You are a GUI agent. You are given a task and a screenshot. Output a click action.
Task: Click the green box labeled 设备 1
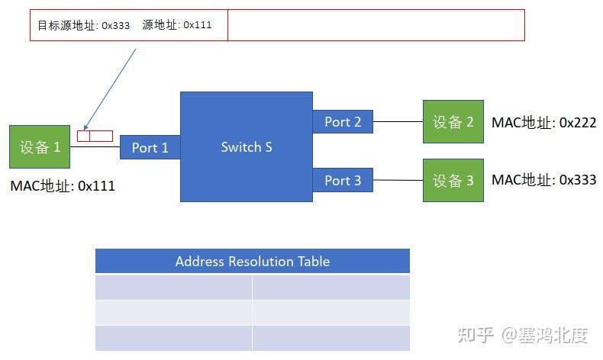[40, 147]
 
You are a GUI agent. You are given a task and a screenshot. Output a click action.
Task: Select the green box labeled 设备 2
[453, 121]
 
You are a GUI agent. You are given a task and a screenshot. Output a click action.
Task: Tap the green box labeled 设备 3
[453, 180]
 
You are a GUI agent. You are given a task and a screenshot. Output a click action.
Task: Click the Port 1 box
[150, 147]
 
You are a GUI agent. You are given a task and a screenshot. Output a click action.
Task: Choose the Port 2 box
[343, 121]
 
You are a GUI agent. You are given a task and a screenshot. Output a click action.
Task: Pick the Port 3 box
[343, 180]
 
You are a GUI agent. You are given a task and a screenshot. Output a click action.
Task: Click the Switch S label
[247, 146]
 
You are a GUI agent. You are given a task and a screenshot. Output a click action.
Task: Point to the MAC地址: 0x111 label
[63, 185]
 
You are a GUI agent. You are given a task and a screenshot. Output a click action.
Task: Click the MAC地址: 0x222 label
[543, 122]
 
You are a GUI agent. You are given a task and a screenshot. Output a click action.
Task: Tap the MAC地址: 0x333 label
[543, 180]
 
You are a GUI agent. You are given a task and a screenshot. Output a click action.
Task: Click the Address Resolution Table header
[252, 261]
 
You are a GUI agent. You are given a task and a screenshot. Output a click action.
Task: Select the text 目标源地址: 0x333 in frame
[84, 25]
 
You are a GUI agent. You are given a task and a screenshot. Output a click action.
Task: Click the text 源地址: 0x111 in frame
[176, 25]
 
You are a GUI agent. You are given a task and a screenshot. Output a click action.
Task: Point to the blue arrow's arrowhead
[85, 129]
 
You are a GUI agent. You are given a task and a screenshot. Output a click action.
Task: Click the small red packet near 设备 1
[95, 136]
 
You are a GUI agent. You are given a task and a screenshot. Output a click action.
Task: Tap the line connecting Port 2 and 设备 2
[398, 121]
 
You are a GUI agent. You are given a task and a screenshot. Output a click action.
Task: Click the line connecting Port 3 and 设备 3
[398, 180]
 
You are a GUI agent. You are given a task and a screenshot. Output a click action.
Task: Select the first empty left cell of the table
[173, 288]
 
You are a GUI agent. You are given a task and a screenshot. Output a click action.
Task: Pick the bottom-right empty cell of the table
[331, 338]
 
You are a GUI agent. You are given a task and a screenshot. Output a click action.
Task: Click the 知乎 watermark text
[473, 335]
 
